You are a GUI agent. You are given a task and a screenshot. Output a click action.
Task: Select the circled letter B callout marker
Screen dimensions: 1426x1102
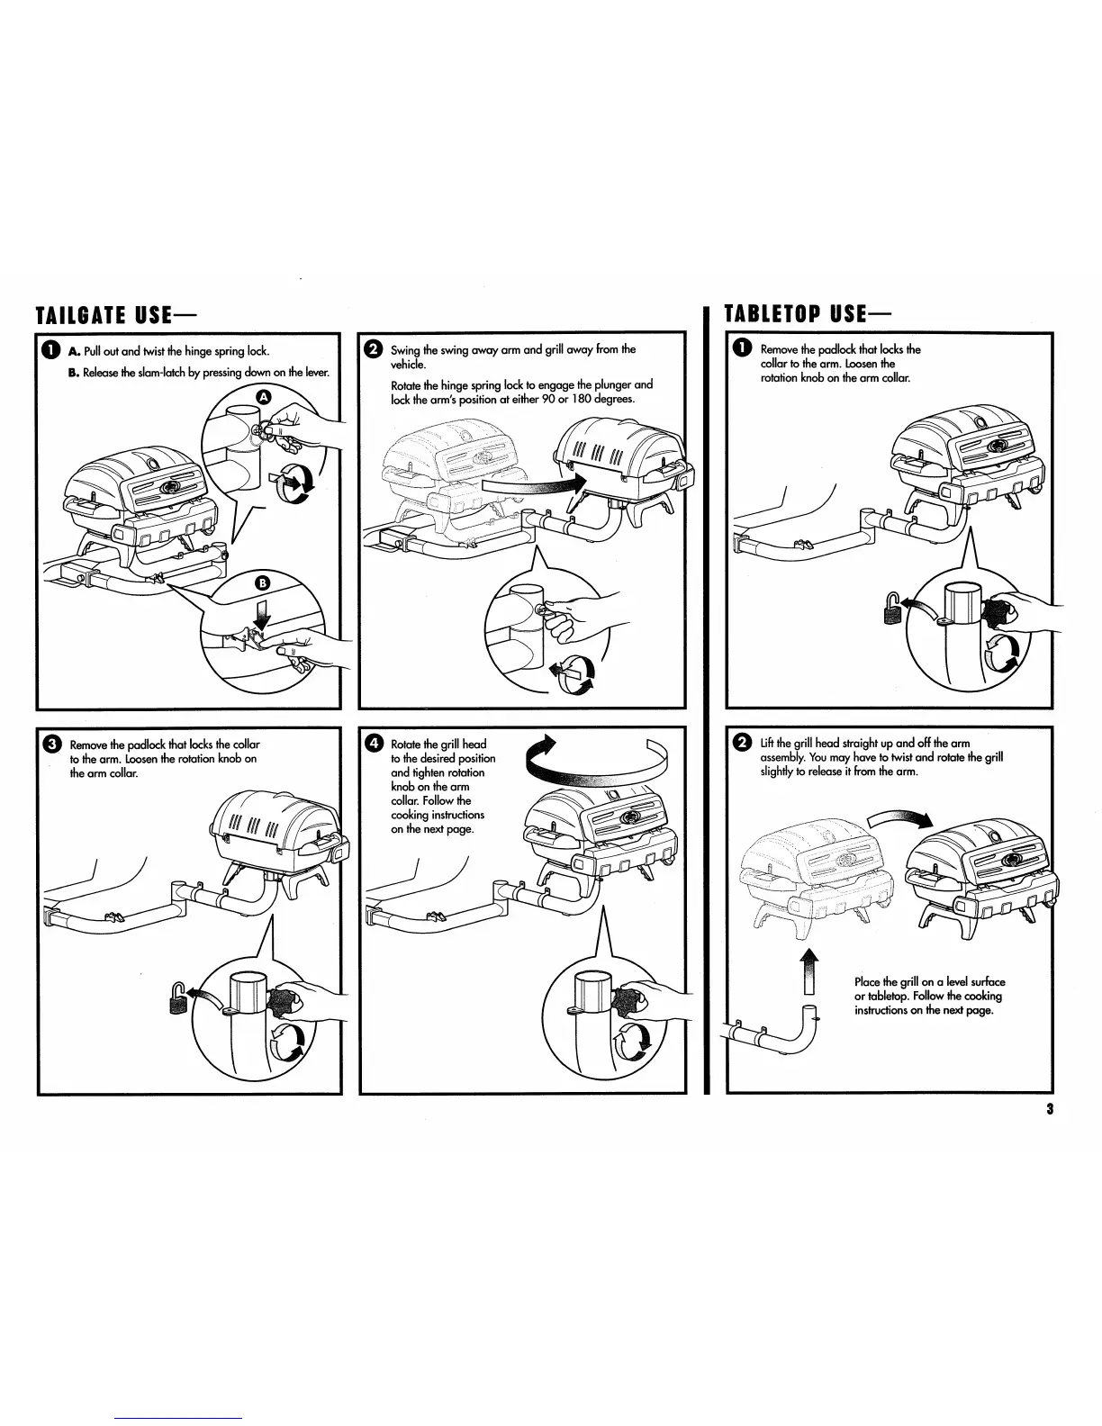click(263, 582)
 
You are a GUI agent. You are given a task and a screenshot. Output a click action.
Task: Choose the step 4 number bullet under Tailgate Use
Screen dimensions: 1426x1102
click(373, 744)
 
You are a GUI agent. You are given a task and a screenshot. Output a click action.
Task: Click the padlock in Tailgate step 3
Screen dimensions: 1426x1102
click(178, 998)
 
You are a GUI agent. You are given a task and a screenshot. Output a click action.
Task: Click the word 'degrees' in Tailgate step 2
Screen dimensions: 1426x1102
click(616, 399)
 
